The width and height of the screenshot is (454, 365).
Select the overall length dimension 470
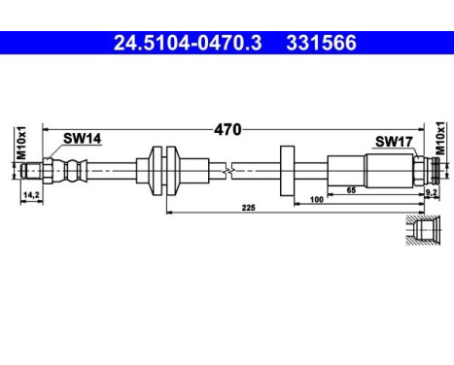point(228,128)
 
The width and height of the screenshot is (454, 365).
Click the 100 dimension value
point(316,199)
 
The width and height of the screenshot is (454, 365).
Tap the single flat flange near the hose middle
point(287,171)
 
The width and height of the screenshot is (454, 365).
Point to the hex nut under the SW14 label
point(70,171)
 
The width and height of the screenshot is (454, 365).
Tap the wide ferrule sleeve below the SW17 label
point(365,171)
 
